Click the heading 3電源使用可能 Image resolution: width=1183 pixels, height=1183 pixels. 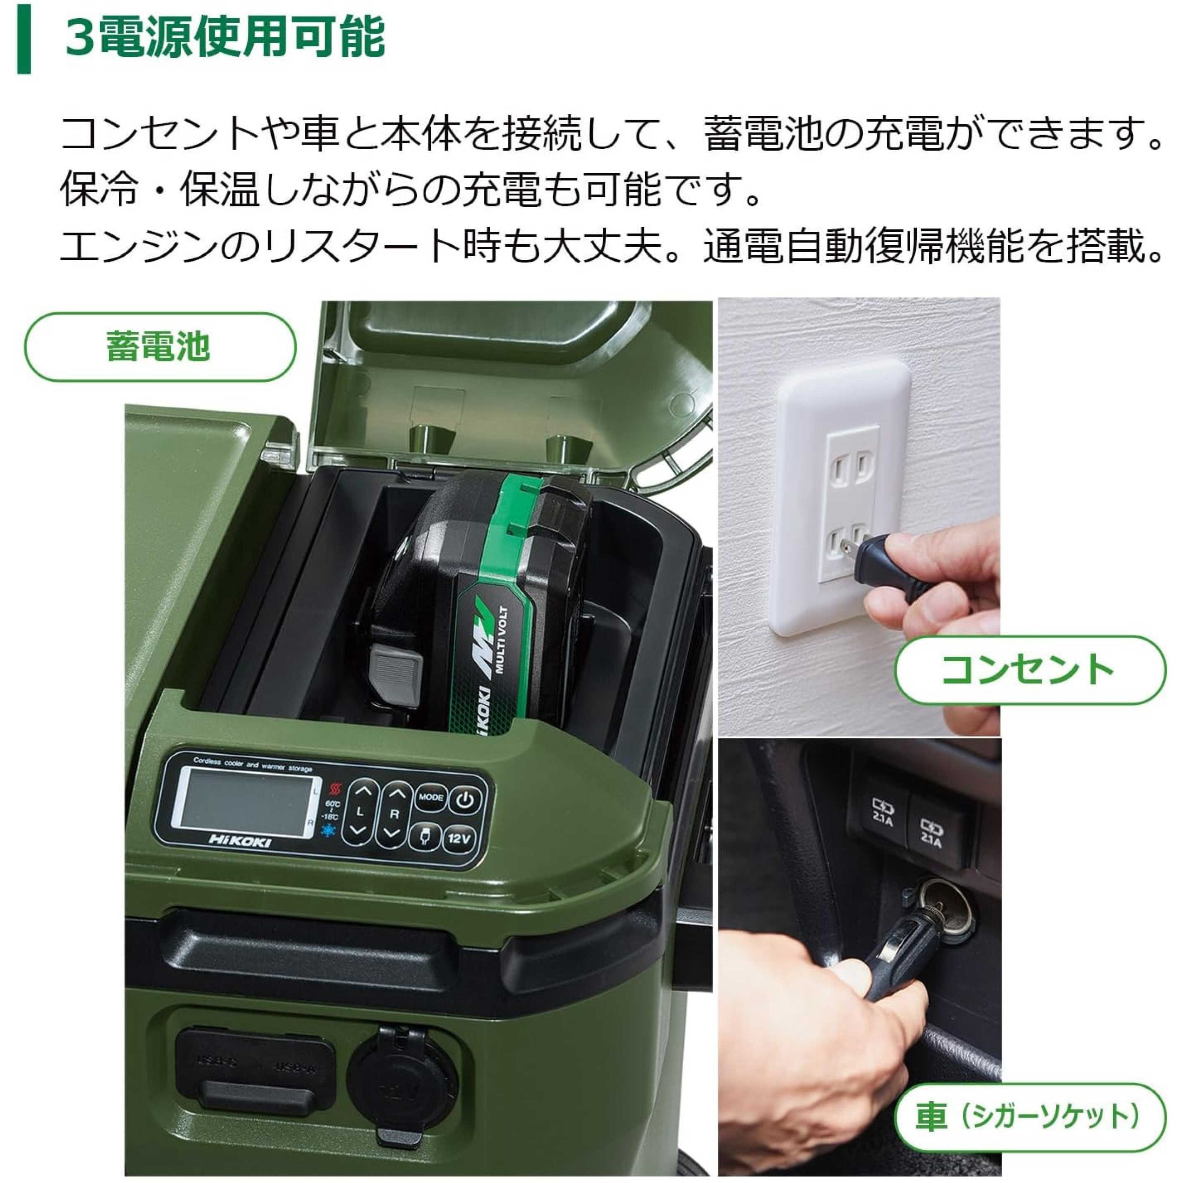click(225, 38)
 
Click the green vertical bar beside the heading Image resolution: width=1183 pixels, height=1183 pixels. click(23, 38)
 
